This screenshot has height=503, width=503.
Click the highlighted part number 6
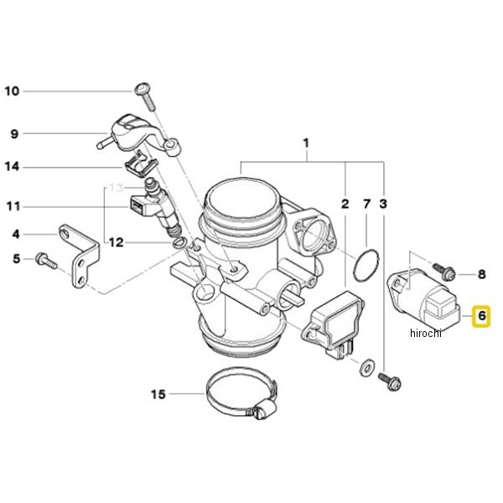481,316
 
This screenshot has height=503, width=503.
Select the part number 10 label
12,91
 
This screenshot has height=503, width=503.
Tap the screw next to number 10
146,96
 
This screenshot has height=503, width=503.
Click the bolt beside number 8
444,271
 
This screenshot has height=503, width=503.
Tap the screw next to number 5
46,261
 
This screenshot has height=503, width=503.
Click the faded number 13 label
117,188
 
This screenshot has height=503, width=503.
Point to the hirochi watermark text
426,333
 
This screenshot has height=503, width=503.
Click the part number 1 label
306,143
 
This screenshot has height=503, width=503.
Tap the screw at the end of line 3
390,381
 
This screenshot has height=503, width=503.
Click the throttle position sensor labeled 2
333,324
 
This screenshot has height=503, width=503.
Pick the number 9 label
14,133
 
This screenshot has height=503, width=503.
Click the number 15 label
158,394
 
